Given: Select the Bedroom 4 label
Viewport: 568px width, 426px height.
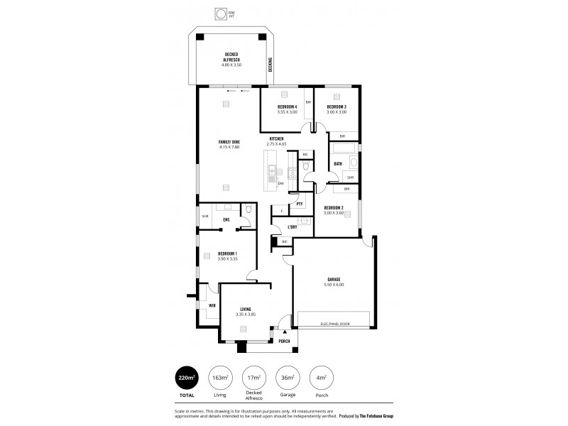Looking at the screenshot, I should tap(287, 106).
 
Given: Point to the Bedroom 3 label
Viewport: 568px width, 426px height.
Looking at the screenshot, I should tap(337, 106).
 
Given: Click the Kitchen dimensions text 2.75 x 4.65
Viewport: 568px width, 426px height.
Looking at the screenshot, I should tap(276, 144).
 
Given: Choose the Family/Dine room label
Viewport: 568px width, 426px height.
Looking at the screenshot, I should tap(229, 142).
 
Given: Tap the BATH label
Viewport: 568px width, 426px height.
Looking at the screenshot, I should tap(338, 164).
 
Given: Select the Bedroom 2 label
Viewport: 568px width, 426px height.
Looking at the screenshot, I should tap(334, 207).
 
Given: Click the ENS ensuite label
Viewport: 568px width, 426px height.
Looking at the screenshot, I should tap(226, 220).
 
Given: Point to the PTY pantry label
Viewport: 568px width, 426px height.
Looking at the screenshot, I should tap(300, 204).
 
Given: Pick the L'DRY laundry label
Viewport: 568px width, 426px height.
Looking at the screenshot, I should tap(293, 227).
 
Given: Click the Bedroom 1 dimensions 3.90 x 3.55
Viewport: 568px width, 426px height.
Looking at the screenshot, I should tap(227, 259).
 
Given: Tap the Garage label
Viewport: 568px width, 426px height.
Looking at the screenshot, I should tap(334, 279).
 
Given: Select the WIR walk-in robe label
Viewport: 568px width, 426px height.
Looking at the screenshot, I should tap(212, 305).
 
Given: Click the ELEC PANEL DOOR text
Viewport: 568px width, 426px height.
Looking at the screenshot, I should tap(334, 324).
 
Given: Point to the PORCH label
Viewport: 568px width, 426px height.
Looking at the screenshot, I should tap(284, 341).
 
